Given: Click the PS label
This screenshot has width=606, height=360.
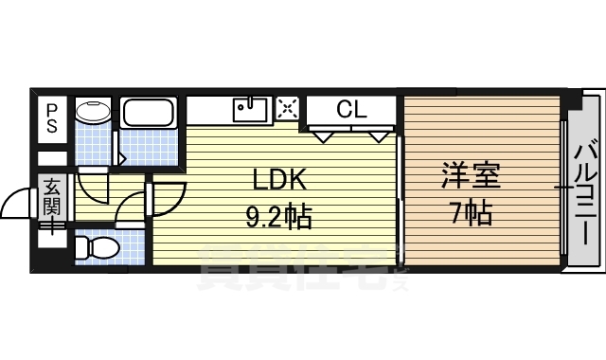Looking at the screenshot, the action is tap(51, 117).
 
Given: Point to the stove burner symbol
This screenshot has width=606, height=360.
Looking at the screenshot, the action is tap(288, 109).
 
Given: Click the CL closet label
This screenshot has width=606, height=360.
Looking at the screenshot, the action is tap(350, 109).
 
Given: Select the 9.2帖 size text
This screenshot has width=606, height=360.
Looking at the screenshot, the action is tap(279, 218).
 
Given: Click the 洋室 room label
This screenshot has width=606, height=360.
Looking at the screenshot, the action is tap(471, 177).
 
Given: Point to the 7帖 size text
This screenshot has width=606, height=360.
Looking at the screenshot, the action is tap(471, 214).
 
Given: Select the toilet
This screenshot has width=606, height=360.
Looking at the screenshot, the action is tap(97, 249).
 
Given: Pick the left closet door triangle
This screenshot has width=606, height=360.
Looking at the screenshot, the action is tap(324, 136).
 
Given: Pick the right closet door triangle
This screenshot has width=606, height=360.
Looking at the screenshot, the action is tap(379, 136).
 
